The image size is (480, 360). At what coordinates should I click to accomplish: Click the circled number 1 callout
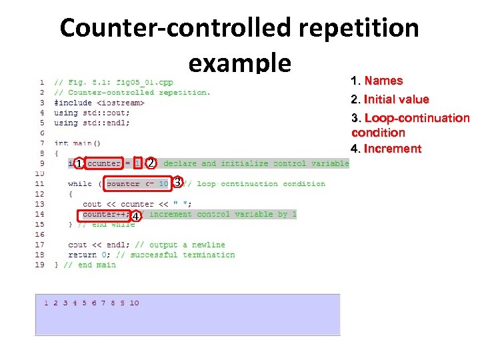(x=79, y=164)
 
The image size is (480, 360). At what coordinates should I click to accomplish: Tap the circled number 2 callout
(x=151, y=163)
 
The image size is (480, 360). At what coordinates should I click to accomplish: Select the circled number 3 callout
(x=178, y=182)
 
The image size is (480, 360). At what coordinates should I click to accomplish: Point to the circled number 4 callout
(x=136, y=217)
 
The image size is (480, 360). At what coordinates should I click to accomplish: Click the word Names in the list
(x=383, y=81)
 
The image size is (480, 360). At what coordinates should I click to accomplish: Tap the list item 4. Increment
(x=386, y=149)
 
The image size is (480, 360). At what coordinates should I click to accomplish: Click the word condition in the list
(x=378, y=133)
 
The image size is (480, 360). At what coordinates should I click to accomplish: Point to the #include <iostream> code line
(x=99, y=103)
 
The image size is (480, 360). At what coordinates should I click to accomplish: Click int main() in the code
(x=77, y=143)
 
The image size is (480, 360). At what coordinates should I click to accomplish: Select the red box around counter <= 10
(x=137, y=183)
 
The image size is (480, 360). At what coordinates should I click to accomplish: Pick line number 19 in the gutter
(x=40, y=265)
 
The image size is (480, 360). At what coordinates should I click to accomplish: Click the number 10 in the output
(x=134, y=303)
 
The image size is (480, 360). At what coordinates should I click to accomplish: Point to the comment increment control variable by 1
(x=220, y=214)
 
